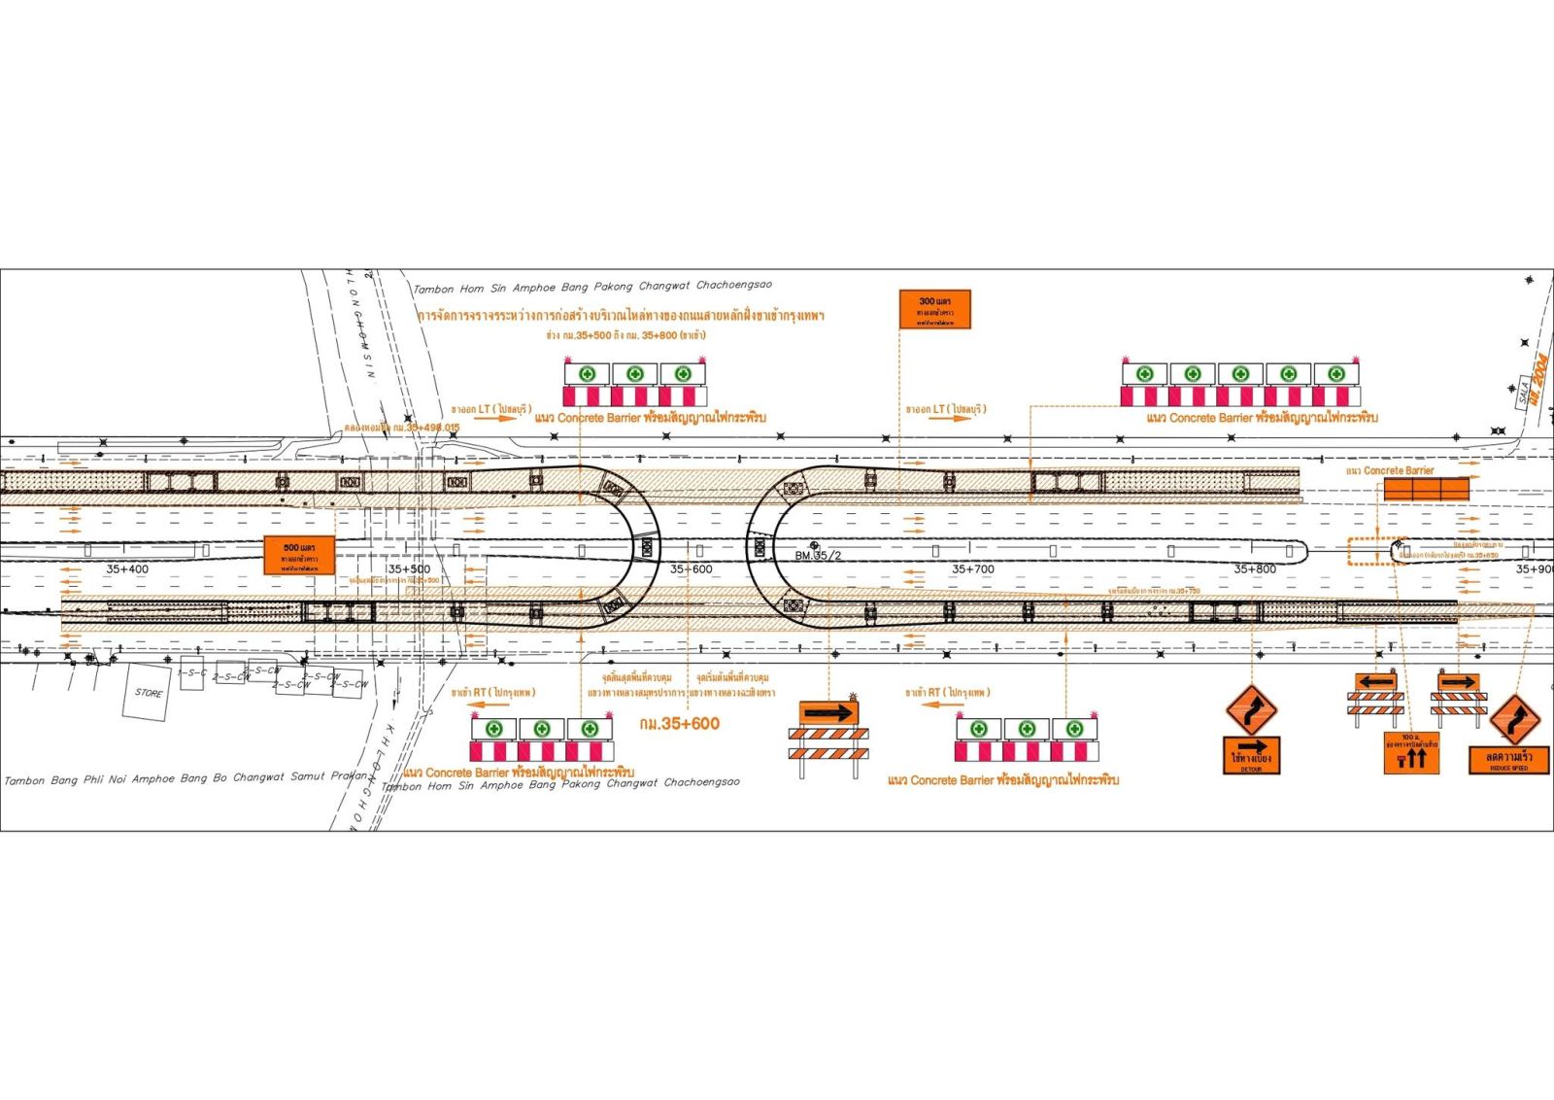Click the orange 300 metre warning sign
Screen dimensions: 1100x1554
point(934,310)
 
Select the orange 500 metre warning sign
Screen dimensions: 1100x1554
point(299,555)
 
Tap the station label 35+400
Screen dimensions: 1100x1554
point(127,569)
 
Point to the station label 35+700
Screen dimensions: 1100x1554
point(973,569)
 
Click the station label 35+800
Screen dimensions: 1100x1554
point(1255,569)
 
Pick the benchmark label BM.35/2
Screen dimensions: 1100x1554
point(818,556)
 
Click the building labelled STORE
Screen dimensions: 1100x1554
point(149,693)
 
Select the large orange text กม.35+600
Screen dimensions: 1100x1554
point(680,724)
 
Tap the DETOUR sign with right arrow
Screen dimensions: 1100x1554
point(1251,755)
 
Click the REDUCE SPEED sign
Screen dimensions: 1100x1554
point(1508,759)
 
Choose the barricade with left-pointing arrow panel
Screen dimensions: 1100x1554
point(1375,696)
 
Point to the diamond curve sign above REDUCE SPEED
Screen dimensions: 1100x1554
point(1515,719)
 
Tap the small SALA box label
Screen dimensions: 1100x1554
point(1523,395)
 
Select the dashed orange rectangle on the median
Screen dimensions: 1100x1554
point(1375,551)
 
